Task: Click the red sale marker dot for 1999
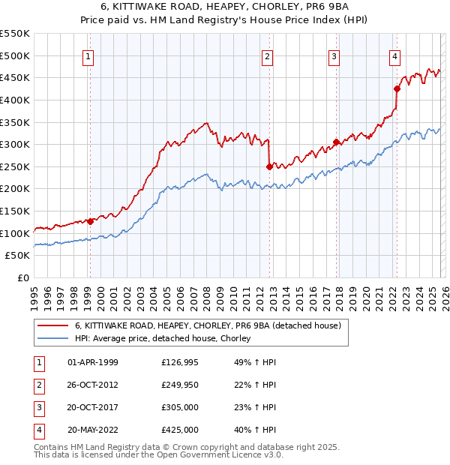tap(90, 221)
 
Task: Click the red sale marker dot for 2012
tap(269, 166)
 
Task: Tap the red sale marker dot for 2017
tap(335, 142)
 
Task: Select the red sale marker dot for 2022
tap(397, 89)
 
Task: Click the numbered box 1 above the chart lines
tap(88, 55)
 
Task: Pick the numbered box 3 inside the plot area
tap(334, 55)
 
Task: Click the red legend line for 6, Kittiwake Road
tap(52, 325)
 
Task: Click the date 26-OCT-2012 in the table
tap(93, 385)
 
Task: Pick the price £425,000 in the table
tap(180, 430)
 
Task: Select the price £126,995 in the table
tap(180, 363)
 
